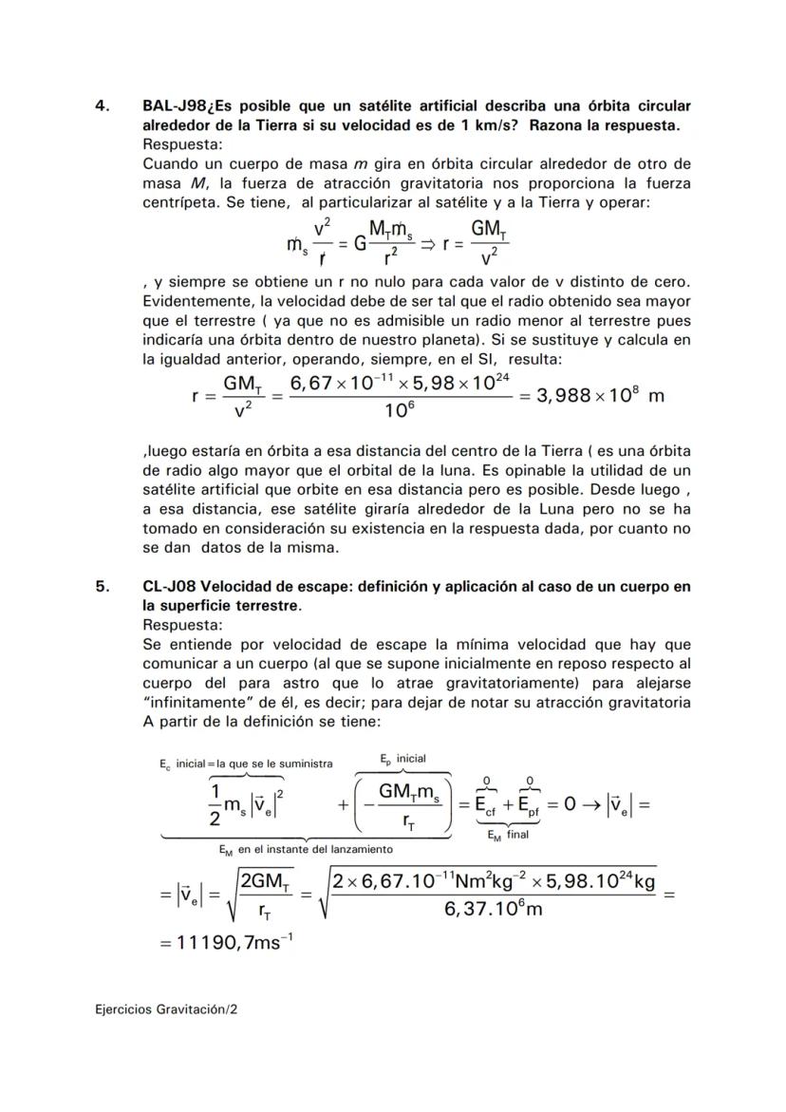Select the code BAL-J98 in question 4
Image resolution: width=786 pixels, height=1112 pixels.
174,106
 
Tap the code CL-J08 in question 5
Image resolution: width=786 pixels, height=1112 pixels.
169,588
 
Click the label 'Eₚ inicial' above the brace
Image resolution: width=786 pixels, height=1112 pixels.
402,759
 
